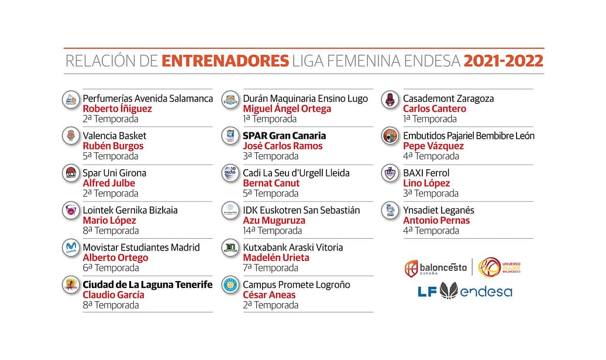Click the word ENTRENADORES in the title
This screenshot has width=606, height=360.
coord(225,61)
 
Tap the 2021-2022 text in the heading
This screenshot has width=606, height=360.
coord(503,61)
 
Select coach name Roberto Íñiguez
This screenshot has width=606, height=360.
coord(117,109)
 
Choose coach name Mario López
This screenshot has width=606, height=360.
coord(109,221)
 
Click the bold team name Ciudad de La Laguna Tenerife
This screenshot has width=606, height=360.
coord(147,285)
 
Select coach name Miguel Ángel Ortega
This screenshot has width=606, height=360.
coord(287,109)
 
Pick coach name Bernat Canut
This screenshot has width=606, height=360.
coord(271,183)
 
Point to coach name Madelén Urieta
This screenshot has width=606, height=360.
coord(276,258)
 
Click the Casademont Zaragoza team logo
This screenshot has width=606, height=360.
coord(390,100)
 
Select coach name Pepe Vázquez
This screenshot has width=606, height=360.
coord(433,146)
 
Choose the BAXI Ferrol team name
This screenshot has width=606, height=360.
coord(426,173)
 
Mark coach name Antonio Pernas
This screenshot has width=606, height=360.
coord(436,221)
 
